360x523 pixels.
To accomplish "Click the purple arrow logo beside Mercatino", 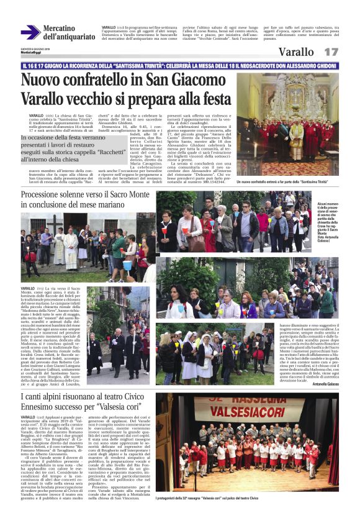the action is [30, 32].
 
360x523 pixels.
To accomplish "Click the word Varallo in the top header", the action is [296, 52].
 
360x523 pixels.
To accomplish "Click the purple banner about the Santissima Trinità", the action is [180, 65].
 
